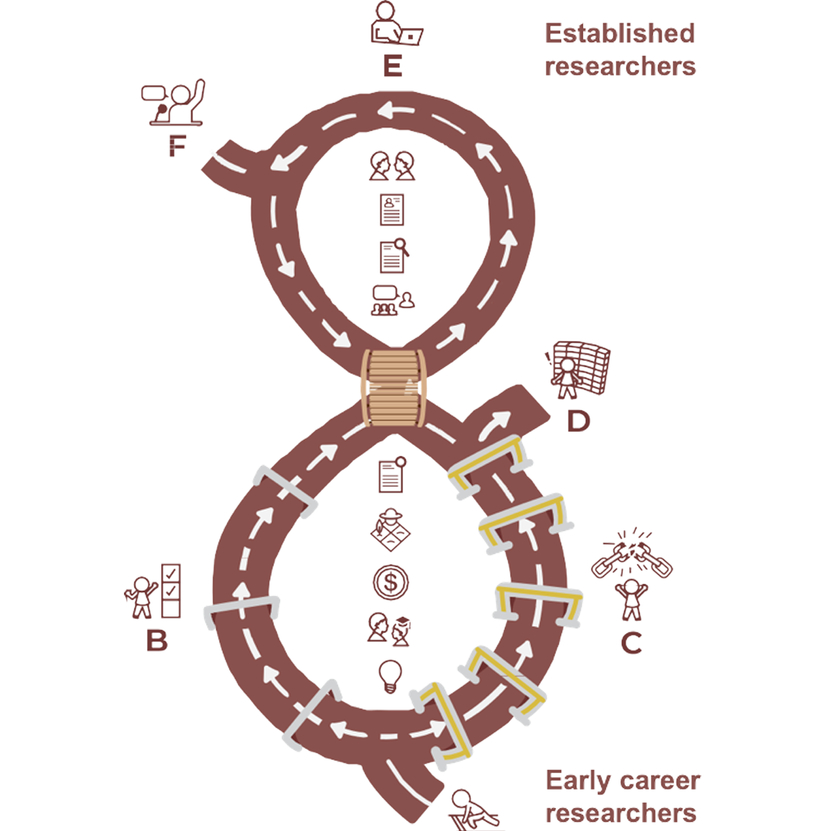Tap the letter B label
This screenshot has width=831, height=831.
click(x=157, y=641)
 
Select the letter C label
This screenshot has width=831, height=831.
click(x=631, y=643)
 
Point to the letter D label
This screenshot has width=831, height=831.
click(x=578, y=420)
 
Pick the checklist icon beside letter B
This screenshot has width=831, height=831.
click(x=170, y=590)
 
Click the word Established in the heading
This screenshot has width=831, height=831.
click(x=620, y=36)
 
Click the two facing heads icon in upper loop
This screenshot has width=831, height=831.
click(x=391, y=166)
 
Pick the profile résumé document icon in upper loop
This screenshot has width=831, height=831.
click(x=392, y=210)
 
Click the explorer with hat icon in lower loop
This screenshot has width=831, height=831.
click(x=391, y=529)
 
